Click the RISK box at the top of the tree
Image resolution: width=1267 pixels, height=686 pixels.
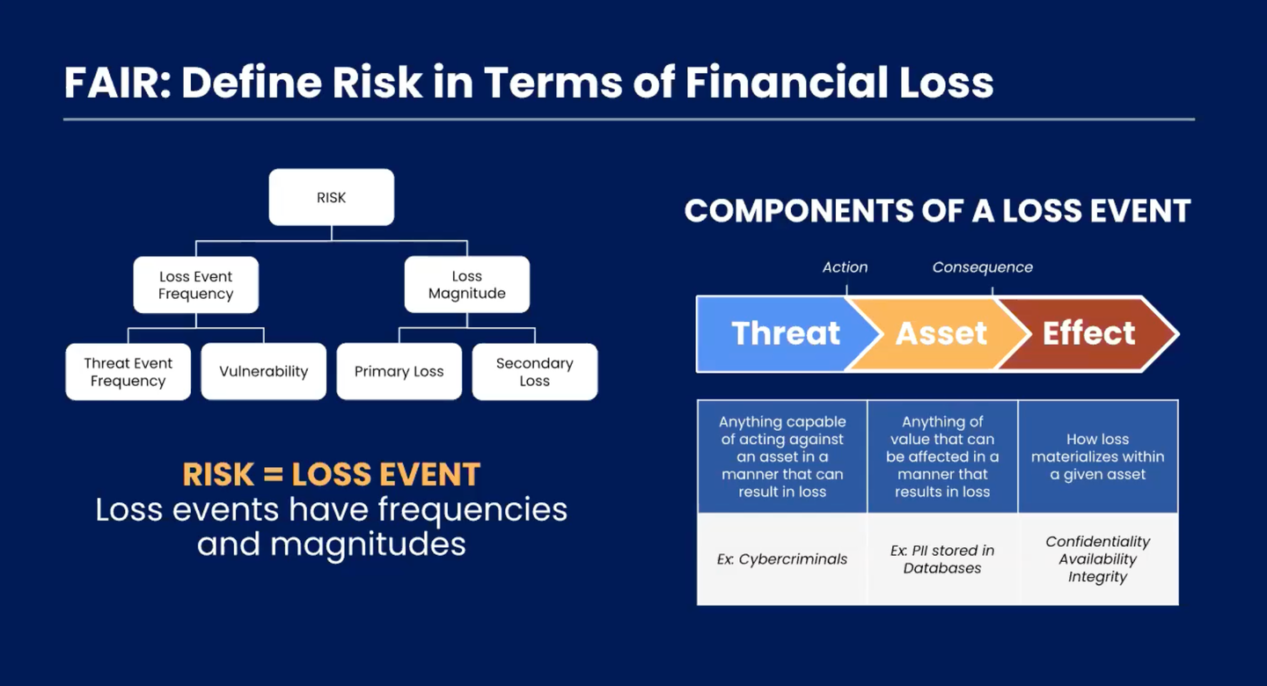[331, 198]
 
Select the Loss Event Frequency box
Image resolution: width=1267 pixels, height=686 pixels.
[195, 285]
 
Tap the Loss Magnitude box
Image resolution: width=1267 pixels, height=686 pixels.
[466, 285]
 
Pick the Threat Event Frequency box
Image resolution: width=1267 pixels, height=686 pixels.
[128, 372]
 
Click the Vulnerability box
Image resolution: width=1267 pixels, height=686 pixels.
[264, 372]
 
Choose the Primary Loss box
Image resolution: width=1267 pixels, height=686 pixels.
[399, 372]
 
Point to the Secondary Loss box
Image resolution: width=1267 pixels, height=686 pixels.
[534, 372]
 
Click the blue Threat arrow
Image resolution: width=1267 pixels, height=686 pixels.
[774, 333]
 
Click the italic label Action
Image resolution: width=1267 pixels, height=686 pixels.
[845, 267]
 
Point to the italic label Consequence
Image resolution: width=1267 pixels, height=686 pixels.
[982, 267]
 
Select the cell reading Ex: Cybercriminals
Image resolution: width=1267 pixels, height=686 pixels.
[782, 559]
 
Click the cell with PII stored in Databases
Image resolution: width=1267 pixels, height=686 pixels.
[942, 559]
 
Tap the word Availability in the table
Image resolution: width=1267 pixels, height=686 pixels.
[1097, 559]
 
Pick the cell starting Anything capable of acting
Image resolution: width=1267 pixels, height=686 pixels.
[782, 456]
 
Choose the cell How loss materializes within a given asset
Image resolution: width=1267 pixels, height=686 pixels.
[1097, 456]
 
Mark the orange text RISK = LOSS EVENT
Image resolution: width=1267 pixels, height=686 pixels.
[331, 475]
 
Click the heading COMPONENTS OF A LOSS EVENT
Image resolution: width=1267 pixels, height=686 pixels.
[937, 211]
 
